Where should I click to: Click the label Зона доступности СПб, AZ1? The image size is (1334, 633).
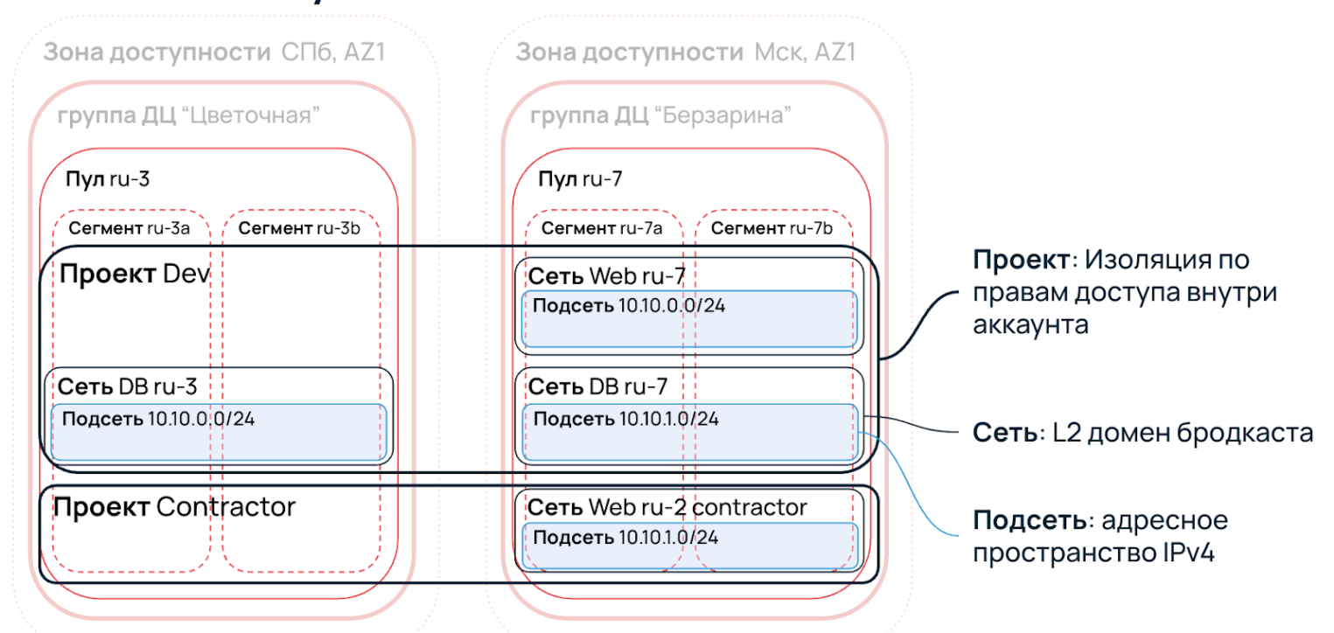coord(213,52)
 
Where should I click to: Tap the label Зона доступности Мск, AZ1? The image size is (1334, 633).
coord(685,52)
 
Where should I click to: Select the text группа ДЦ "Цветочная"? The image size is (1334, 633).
coord(189,116)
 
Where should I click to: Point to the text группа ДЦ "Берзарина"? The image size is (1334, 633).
coord(661,116)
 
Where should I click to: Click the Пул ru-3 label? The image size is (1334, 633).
coord(108,180)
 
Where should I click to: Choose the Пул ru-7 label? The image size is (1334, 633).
coord(580,180)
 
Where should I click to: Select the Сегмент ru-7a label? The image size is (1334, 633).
coord(602,229)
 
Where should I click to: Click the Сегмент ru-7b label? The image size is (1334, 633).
coord(772,229)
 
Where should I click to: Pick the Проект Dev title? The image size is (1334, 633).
coord(135,275)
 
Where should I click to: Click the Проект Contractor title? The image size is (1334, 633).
coord(175,506)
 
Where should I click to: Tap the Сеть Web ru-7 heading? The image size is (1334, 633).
coord(606,277)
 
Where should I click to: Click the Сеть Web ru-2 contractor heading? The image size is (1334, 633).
coord(667,507)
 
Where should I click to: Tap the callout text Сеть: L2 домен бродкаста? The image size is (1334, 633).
coord(1142,433)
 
